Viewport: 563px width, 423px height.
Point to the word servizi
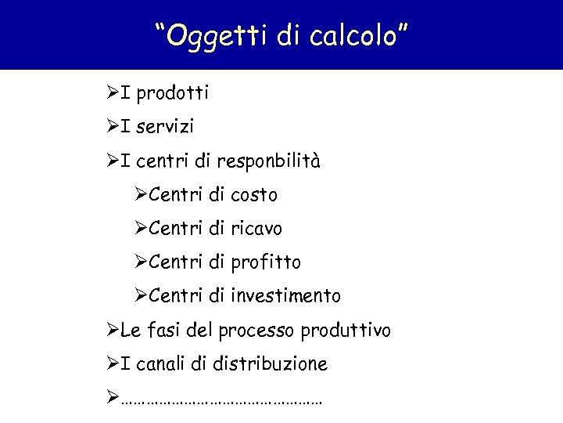coord(165,126)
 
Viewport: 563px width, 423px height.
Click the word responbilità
coord(269,161)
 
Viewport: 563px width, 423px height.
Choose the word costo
coord(255,194)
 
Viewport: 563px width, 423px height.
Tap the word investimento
coord(286,295)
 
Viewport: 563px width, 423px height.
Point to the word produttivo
coord(344,331)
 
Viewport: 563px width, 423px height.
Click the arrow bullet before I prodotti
coord(113,93)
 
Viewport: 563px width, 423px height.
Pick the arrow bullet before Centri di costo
coord(141,194)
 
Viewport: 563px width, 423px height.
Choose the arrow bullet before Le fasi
coord(113,330)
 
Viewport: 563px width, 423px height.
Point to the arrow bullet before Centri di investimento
coord(141,295)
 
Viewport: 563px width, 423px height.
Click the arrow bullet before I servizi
coord(113,126)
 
